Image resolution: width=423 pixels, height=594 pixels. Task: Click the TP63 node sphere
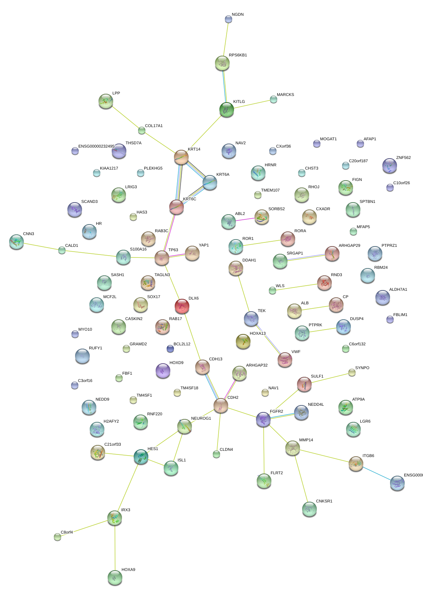(162, 258)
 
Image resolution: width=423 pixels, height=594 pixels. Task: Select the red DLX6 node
(182, 306)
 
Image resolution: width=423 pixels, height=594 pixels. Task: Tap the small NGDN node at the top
(229, 19)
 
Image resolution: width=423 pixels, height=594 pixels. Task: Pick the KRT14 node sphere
(181, 157)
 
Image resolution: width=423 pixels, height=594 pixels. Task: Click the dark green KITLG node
(227, 109)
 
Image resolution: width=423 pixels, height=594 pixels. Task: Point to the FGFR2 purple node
(263, 419)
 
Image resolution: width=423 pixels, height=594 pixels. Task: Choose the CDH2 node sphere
(221, 406)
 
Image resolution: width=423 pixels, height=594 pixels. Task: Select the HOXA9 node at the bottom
(115, 578)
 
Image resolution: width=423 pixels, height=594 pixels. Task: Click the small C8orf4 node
(57, 537)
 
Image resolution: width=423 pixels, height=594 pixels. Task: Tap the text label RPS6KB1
(238, 55)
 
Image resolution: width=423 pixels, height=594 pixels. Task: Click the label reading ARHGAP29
(349, 246)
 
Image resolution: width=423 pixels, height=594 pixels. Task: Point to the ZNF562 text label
(403, 158)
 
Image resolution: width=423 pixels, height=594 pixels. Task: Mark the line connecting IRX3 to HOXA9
(115, 547)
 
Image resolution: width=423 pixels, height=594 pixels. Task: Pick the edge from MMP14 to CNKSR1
(301, 478)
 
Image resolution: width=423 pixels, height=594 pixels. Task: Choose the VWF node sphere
(285, 359)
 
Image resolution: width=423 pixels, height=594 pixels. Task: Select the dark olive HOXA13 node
(243, 341)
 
